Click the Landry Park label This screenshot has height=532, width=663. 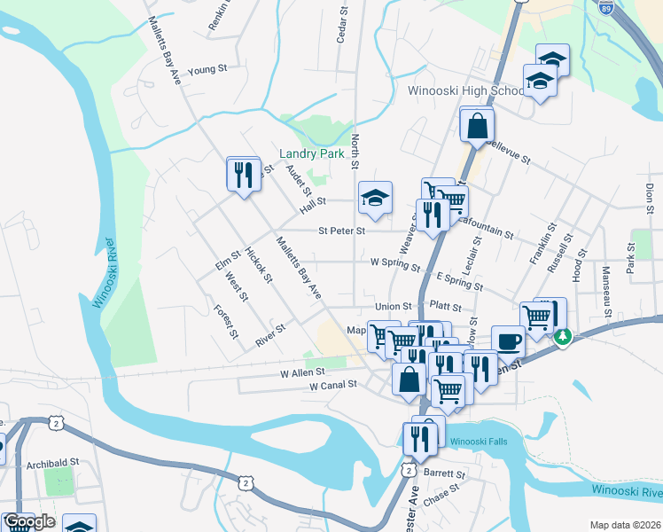(311, 153)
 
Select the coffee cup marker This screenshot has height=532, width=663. (508, 341)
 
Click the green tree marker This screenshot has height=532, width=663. (562, 337)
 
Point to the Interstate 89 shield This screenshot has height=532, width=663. (605, 8)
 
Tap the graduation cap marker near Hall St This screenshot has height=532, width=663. (375, 198)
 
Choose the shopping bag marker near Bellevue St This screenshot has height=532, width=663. (477, 127)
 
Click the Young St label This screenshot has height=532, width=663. (208, 68)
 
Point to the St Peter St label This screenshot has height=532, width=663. (342, 231)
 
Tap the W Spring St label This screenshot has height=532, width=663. (394, 262)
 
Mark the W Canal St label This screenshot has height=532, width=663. (332, 386)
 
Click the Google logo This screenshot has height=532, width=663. (29, 521)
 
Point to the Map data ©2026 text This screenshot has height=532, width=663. (625, 525)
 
